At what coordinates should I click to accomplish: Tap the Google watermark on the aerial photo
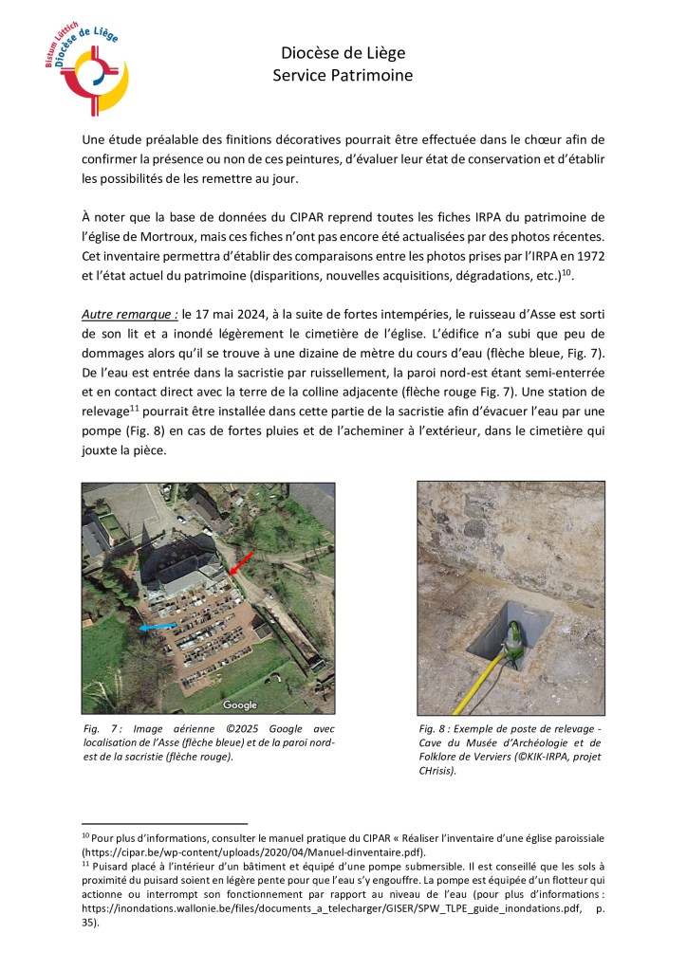click(240, 705)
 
